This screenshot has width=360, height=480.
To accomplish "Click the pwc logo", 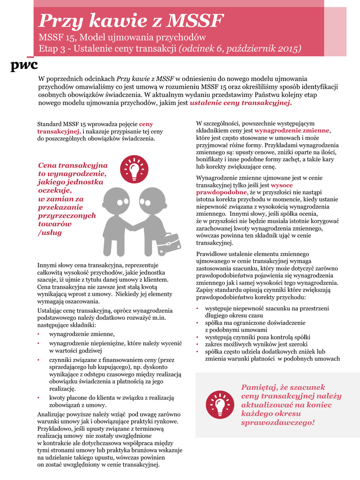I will click(24, 65).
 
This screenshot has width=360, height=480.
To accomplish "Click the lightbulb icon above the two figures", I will click(133, 169).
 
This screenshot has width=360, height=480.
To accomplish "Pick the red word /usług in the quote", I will click(50, 233).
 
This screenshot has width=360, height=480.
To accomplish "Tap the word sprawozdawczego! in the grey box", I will click(278, 423).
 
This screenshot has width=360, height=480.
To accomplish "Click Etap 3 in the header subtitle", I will click(52, 48).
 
